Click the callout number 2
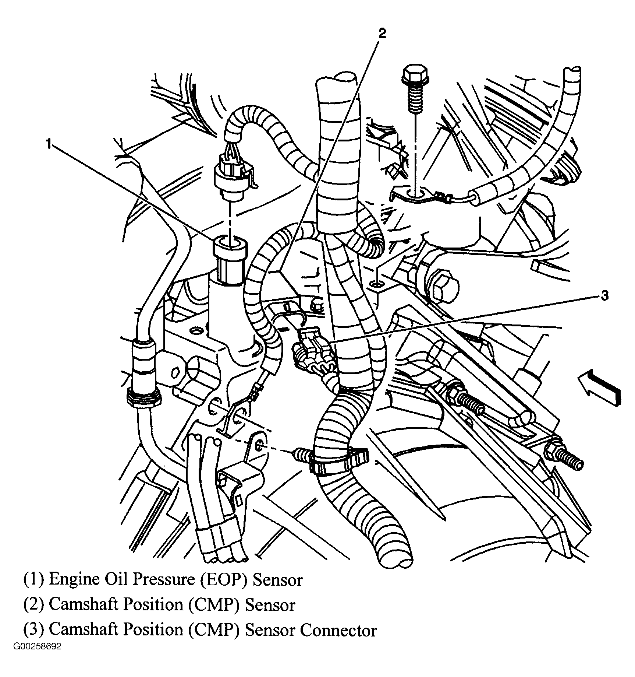382,34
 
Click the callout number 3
604,297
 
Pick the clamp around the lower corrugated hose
338,460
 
